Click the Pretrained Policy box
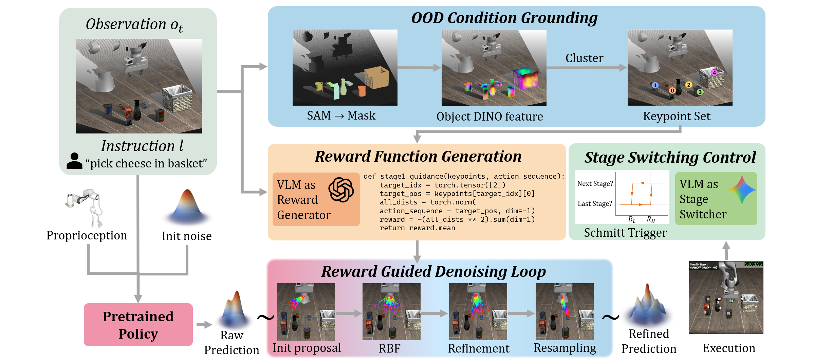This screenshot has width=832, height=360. (x=138, y=325)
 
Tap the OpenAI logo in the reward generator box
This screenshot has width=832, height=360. (x=341, y=190)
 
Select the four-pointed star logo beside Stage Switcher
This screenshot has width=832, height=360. (x=742, y=190)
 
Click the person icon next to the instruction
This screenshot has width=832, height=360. (x=74, y=161)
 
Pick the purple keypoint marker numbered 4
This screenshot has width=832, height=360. (x=714, y=73)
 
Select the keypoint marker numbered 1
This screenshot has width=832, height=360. (x=655, y=85)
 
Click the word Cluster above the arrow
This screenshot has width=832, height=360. (x=584, y=58)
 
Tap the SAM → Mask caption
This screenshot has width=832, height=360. (x=341, y=115)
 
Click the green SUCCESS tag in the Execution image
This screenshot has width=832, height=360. (x=753, y=264)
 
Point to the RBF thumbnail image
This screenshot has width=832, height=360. (x=391, y=312)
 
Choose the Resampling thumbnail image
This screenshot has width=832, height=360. (x=565, y=312)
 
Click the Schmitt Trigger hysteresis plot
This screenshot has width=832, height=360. (x=622, y=197)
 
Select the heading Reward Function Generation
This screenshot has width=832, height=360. (x=418, y=156)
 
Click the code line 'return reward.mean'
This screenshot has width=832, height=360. (x=417, y=228)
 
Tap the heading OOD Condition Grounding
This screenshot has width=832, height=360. (x=504, y=18)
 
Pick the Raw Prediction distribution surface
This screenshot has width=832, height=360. (x=235, y=309)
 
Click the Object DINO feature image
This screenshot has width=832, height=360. (x=494, y=68)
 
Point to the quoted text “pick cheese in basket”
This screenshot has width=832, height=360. (x=146, y=163)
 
